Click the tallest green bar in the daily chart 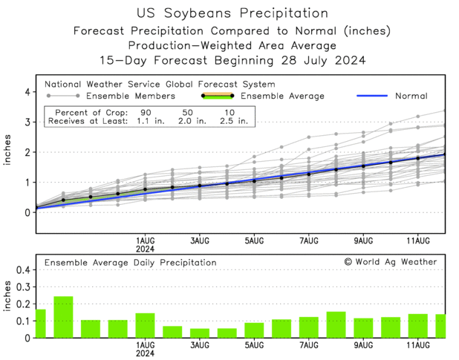[63, 318]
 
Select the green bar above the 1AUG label [145, 326]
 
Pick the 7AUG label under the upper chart [309, 240]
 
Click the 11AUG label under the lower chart [418, 346]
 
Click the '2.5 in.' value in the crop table [235, 121]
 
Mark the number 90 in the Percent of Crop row [147, 111]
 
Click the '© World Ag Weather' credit [389, 262]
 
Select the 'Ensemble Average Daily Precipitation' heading [131, 263]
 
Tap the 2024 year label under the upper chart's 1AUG [145, 249]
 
